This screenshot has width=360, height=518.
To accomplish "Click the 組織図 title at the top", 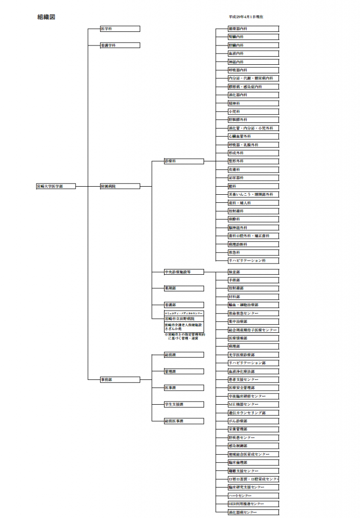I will click(x=46, y=17).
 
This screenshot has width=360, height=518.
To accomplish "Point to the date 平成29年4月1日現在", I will click(x=246, y=17).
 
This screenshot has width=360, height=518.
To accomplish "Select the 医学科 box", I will click(x=119, y=29).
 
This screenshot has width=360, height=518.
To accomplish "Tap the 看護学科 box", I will click(x=119, y=46).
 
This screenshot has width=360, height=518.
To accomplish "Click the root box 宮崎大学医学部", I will click(x=56, y=186).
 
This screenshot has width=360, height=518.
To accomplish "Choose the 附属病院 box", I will click(x=119, y=186).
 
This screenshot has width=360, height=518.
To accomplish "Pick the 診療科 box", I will click(x=183, y=161).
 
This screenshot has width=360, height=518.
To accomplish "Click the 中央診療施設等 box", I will click(x=183, y=272).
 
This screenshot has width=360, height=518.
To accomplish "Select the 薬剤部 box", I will click(x=183, y=288).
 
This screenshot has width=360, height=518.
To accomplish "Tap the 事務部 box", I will click(x=119, y=379).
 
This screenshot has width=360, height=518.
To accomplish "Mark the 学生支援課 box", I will click(x=183, y=404).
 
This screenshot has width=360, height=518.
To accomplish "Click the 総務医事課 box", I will click(x=183, y=421).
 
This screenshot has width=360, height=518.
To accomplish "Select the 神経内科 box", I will click(x=253, y=62).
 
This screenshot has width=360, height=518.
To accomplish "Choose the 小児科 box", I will click(x=253, y=111).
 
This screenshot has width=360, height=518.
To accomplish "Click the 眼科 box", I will click(x=253, y=186).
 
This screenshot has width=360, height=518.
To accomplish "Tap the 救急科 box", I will click(x=253, y=252).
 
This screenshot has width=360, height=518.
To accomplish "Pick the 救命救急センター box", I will click(x=253, y=314).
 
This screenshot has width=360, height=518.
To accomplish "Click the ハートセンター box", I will click(x=253, y=496).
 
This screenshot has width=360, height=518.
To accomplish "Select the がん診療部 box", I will click(x=253, y=421).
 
